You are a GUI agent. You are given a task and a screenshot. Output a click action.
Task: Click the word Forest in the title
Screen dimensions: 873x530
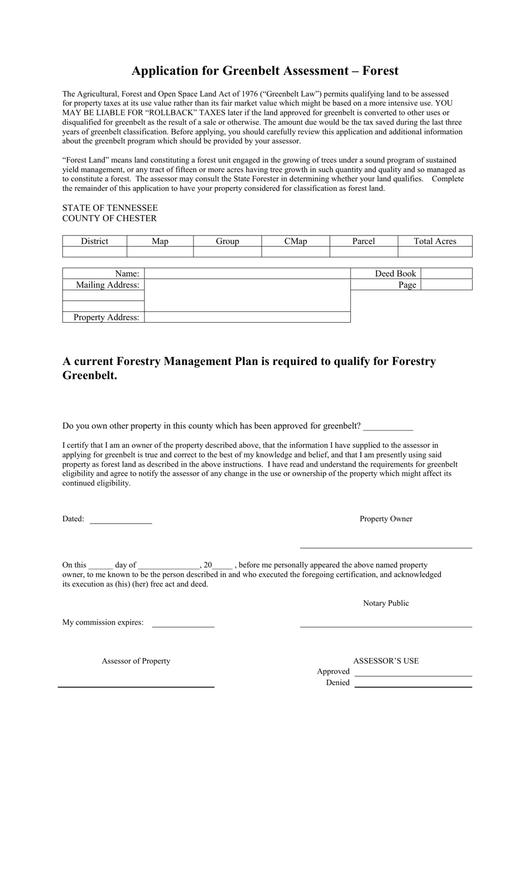point(380,71)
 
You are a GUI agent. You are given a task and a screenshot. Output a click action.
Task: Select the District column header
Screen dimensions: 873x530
point(94,241)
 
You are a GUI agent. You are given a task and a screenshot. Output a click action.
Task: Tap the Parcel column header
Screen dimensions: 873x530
point(363,241)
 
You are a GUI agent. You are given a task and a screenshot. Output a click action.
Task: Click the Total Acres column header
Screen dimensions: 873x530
point(435,241)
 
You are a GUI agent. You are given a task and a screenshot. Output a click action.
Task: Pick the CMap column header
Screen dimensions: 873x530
point(295,241)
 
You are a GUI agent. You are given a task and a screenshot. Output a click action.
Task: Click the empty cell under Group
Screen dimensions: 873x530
point(227,252)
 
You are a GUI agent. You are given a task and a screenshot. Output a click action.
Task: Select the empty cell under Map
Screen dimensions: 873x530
point(160,252)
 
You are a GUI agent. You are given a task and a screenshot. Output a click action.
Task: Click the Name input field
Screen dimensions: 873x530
point(247,274)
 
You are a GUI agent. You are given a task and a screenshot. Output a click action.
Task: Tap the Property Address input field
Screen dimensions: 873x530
point(247,317)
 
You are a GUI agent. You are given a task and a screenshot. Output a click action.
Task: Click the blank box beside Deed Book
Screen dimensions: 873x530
point(446,274)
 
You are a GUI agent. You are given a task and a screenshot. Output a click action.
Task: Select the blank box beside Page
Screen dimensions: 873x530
point(446,285)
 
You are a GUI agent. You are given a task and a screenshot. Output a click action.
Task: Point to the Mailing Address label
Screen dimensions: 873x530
point(107,285)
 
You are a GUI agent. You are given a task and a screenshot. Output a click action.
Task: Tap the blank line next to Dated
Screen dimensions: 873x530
point(121,521)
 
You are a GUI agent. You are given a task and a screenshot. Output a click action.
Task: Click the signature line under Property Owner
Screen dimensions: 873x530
point(386,546)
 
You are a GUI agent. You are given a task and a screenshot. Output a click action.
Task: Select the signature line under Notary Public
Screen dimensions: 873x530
point(386,626)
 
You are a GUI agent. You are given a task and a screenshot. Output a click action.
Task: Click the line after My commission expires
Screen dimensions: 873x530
point(183,625)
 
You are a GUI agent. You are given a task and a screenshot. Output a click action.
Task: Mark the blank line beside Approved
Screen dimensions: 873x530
point(413,674)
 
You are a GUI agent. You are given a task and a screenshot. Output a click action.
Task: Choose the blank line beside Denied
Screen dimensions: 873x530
point(413,685)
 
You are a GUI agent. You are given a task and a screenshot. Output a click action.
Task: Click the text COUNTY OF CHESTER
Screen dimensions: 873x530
point(109,218)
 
